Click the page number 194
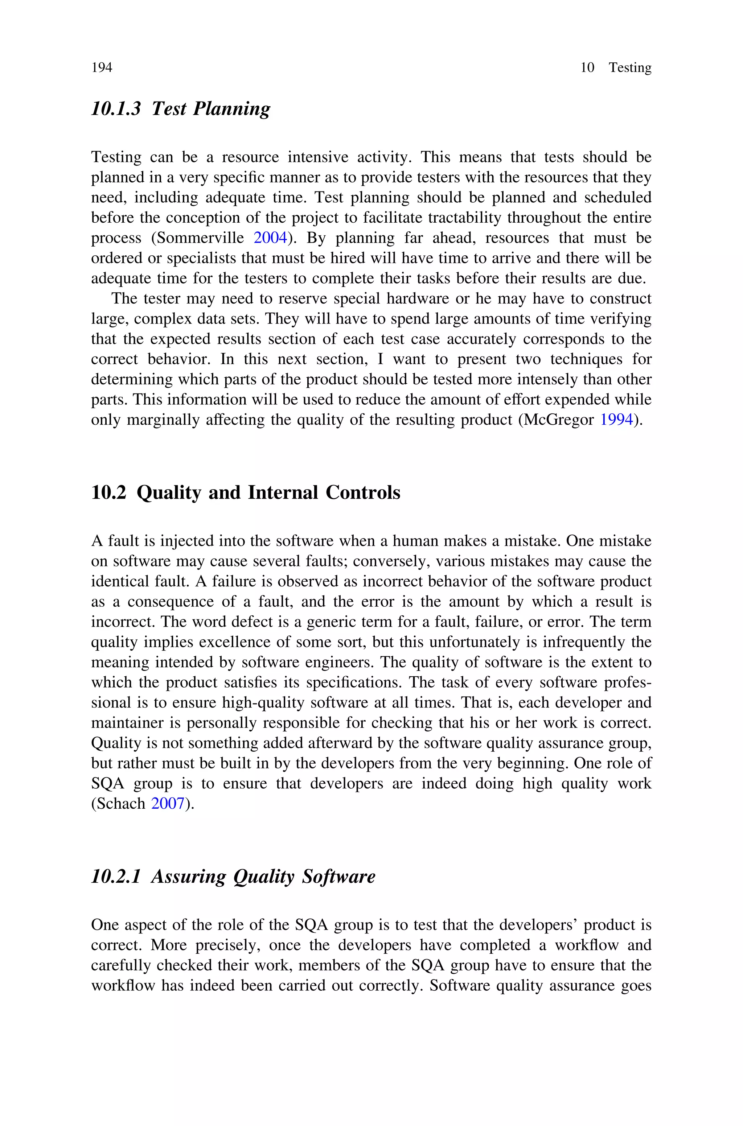coord(102,68)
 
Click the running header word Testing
coord(630,68)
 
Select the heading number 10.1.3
coord(116,109)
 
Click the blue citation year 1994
coord(616,420)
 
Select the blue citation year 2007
coord(167,804)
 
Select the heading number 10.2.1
coord(116,877)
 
